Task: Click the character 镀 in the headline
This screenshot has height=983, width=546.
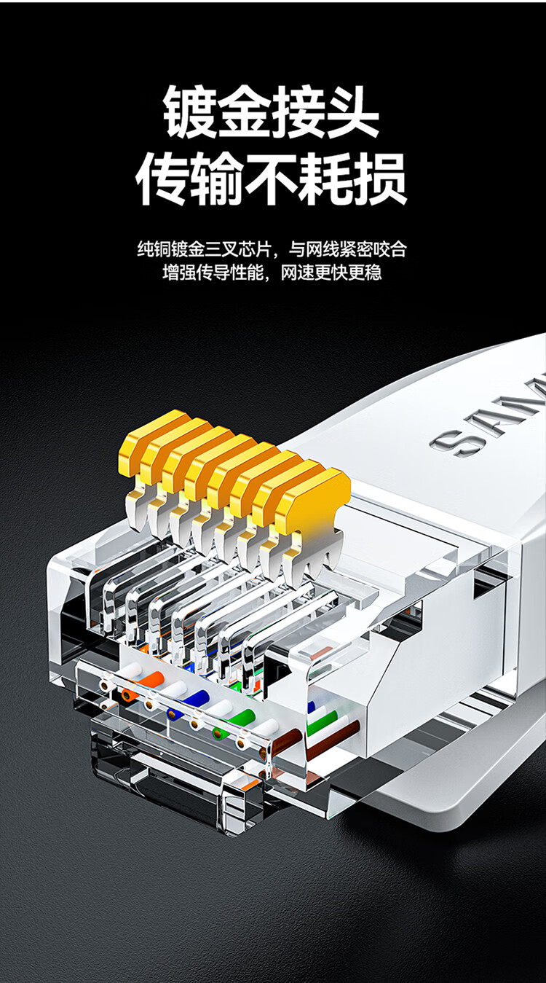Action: point(190,112)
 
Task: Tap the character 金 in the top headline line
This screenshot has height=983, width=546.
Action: point(245,112)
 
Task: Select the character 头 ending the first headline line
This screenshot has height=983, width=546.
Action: point(352,112)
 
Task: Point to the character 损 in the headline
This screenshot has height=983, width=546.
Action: point(380,179)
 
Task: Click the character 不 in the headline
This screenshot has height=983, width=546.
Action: point(272,179)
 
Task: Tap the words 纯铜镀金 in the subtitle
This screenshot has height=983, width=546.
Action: point(171,249)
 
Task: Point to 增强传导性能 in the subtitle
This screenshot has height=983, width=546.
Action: point(213,273)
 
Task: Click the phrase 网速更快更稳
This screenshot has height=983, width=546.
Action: point(331,273)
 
